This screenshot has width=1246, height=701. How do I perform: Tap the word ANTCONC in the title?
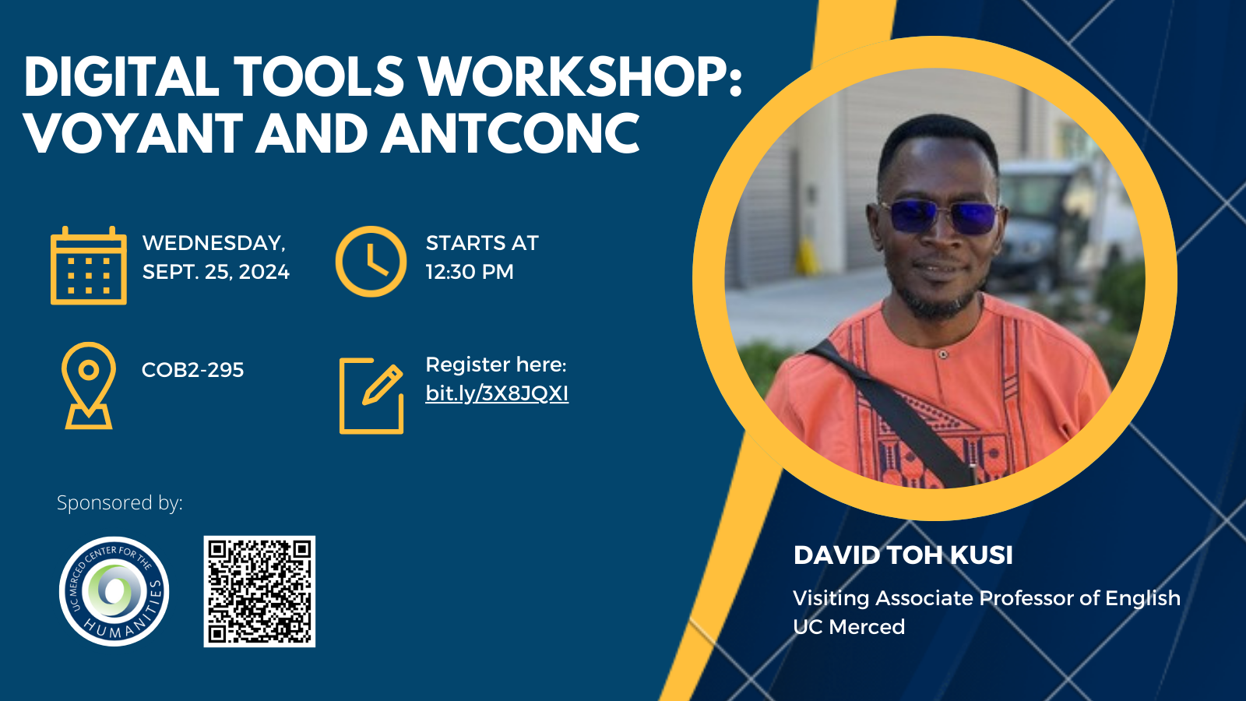pyautogui.click(x=510, y=133)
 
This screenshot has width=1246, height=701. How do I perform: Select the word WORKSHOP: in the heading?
pyautogui.click(x=581, y=77)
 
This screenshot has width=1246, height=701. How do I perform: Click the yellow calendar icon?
pyautogui.click(x=89, y=266)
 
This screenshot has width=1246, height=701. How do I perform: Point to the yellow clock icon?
pyautogui.click(x=371, y=262)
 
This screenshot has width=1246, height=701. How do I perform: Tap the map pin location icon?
pyautogui.click(x=89, y=385)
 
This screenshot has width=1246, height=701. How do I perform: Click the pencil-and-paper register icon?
pyautogui.click(x=371, y=395)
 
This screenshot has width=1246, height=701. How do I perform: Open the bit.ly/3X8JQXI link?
pyautogui.click(x=497, y=393)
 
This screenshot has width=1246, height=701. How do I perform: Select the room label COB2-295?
pyautogui.click(x=192, y=369)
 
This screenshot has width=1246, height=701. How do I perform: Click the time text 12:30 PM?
pyautogui.click(x=470, y=272)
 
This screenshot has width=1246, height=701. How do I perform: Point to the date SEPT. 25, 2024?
pyautogui.click(x=216, y=272)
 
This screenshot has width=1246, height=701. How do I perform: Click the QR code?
pyautogui.click(x=259, y=591)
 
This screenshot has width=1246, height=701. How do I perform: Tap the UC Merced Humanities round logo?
pyautogui.click(x=114, y=591)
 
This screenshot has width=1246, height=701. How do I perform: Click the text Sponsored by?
pyautogui.click(x=120, y=502)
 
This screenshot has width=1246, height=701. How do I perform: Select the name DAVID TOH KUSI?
pyautogui.click(x=903, y=555)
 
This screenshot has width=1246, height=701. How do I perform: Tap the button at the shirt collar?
pyautogui.click(x=942, y=354)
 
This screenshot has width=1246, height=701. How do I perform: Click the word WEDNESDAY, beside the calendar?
pyautogui.click(x=214, y=243)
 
